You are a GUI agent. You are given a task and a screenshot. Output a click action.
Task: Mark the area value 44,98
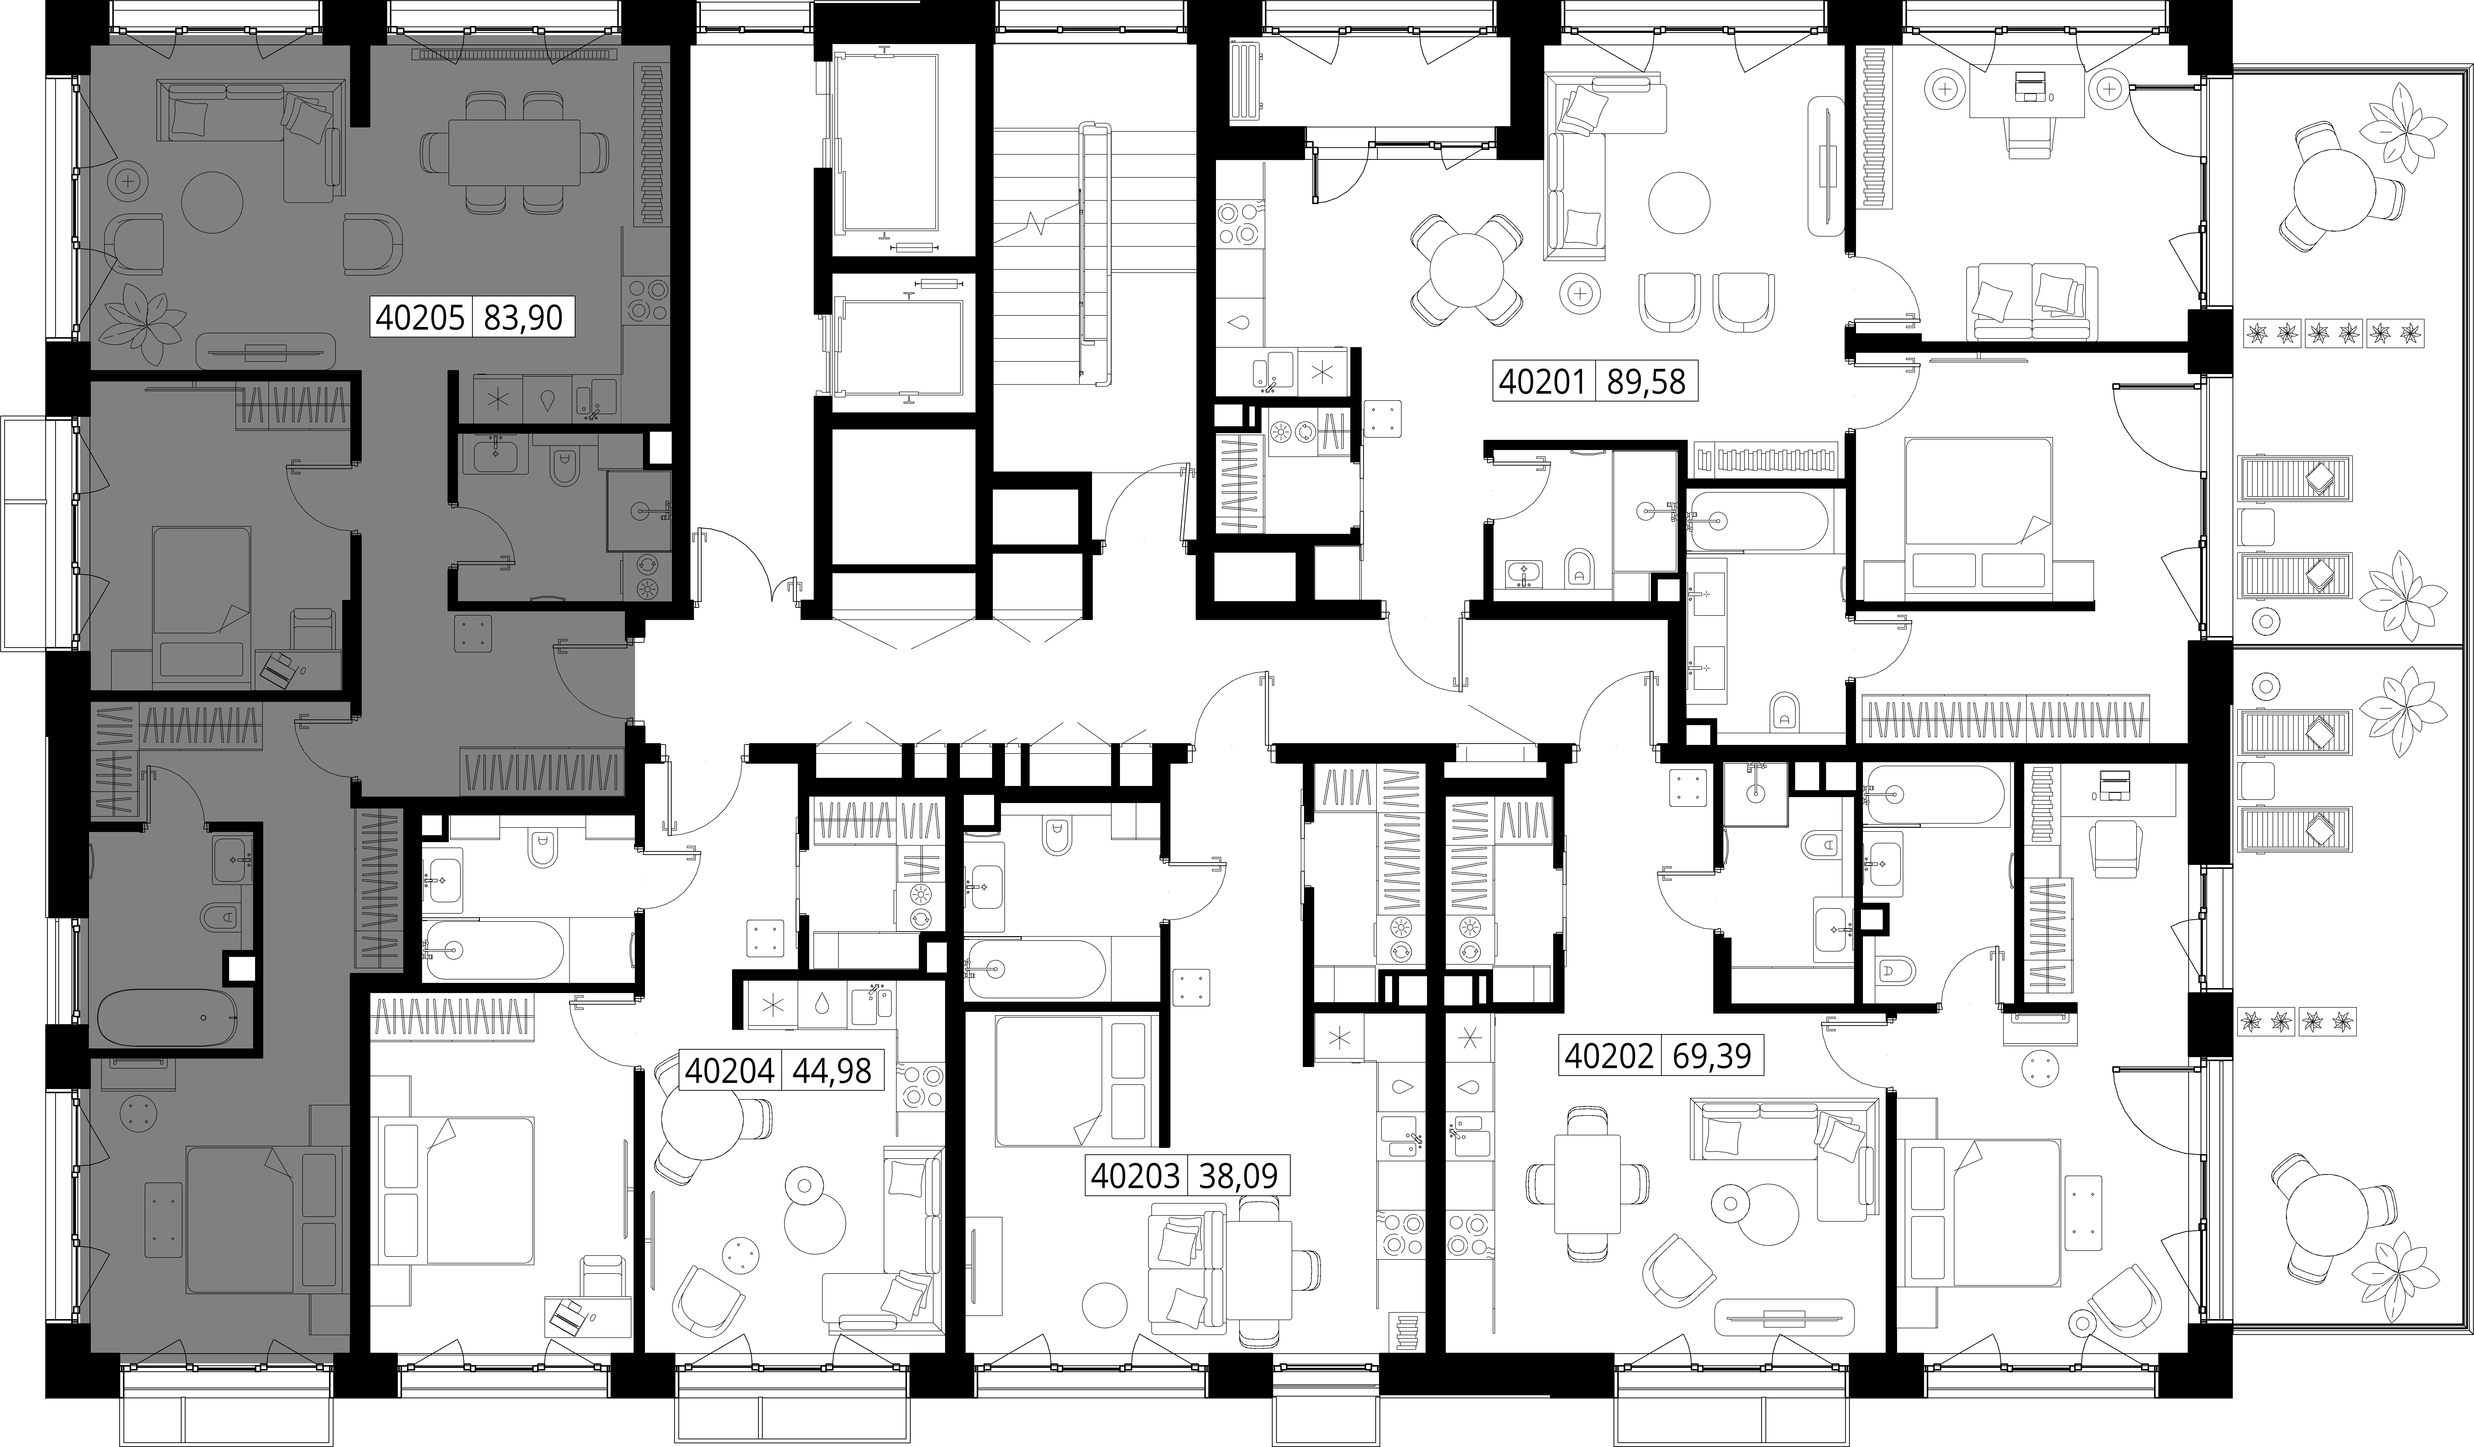tap(831, 1070)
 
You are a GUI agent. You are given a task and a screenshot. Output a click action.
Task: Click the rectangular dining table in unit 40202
tap(1588, 1184)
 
